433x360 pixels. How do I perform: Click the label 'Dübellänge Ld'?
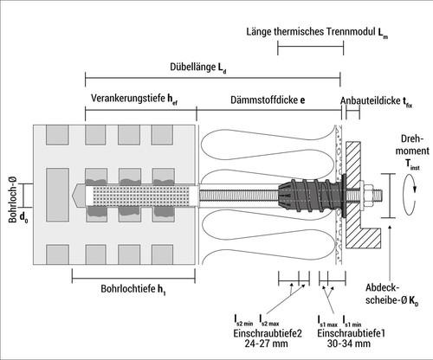pyautogui.click(x=197, y=67)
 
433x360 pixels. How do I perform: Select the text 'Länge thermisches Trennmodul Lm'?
pyautogui.click(x=317, y=32)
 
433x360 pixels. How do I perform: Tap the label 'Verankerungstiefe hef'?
pyautogui.click(x=134, y=99)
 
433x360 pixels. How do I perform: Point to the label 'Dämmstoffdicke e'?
pyautogui.click(x=268, y=100)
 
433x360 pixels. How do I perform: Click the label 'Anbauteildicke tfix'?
pyautogui.click(x=376, y=101)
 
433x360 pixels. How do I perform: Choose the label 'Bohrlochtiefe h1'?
pyautogui.click(x=133, y=289)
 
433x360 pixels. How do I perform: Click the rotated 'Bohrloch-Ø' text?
pyautogui.click(x=12, y=200)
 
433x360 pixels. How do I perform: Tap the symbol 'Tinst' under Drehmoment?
pyautogui.click(x=412, y=164)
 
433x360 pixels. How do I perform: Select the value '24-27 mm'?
pyautogui.click(x=266, y=344)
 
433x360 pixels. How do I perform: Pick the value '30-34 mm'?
pyautogui.click(x=349, y=344)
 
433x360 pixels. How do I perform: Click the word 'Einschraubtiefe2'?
pyautogui.click(x=268, y=333)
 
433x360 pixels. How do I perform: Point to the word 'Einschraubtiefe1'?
pyautogui.click(x=352, y=333)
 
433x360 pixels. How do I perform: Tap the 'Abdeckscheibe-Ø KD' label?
pyautogui.click(x=391, y=294)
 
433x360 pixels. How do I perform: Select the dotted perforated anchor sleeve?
pyautogui.click(x=141, y=196)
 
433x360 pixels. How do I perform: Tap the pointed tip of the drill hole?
pyautogui.click(x=72, y=196)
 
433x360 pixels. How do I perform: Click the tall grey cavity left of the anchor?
pyautogui.click(x=57, y=195)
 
